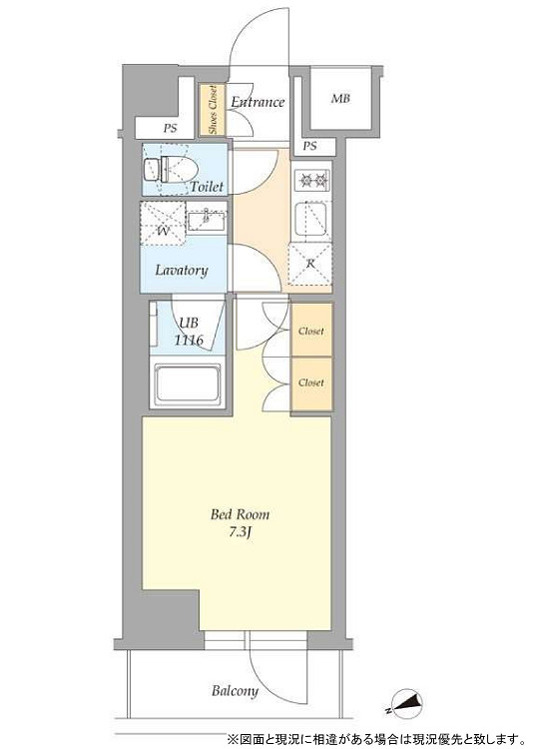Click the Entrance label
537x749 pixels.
click(258, 102)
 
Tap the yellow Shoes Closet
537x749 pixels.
click(212, 110)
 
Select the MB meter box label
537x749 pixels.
click(340, 99)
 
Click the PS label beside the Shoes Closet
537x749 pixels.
click(170, 129)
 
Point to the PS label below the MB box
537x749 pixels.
click(309, 146)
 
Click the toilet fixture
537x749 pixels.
click(171, 169)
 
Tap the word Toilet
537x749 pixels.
click(207, 187)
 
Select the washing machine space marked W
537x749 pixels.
click(163, 223)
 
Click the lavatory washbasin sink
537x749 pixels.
click(207, 222)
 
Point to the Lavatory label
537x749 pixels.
click(182, 271)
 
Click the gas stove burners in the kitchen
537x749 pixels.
click(312, 180)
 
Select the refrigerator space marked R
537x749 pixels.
click(310, 265)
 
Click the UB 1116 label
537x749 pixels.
click(189, 332)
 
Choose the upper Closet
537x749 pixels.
click(311, 331)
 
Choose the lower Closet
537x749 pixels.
click(311, 383)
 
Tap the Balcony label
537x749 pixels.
click(235, 691)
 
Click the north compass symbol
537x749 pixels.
click(405, 703)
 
